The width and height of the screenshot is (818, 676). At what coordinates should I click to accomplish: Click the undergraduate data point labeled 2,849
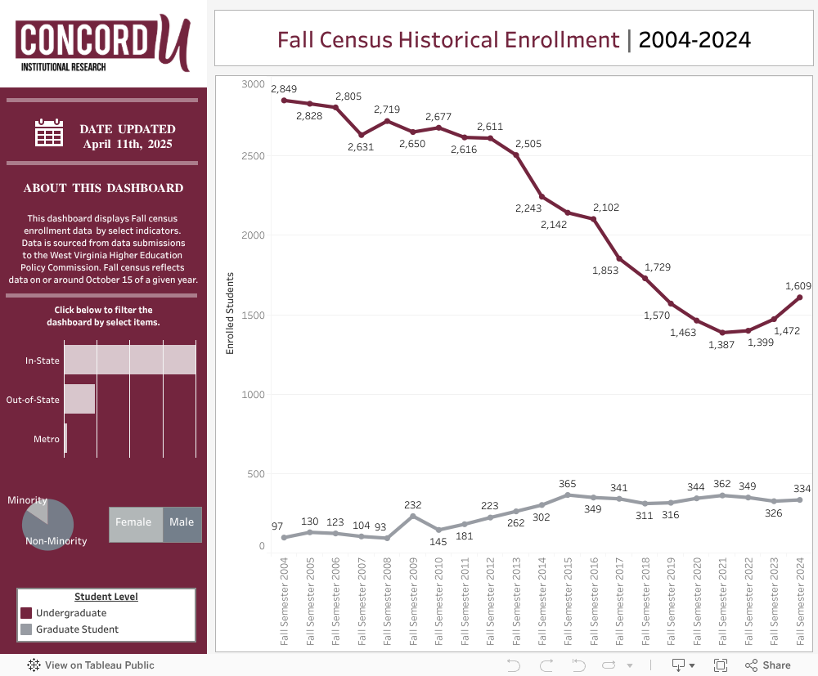click(284, 101)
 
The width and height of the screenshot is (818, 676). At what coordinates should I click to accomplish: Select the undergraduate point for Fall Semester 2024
click(799, 298)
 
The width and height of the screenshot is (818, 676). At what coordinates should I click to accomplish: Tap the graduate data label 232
click(413, 504)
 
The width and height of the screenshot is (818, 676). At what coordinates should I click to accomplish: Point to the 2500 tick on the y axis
click(253, 155)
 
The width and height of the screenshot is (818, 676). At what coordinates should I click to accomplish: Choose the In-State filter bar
click(130, 360)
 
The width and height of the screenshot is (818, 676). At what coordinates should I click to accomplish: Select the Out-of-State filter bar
click(79, 399)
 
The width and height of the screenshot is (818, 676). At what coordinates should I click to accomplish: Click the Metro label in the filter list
click(47, 439)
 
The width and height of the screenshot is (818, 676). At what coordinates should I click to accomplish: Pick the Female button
click(136, 522)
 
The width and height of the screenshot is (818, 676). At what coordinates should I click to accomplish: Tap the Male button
click(182, 522)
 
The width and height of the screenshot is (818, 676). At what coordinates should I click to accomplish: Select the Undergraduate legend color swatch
click(26, 613)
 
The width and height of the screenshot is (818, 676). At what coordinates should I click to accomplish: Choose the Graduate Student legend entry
click(77, 629)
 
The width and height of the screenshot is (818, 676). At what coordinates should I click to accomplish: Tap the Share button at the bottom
click(768, 665)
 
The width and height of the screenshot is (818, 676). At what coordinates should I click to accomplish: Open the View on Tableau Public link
click(91, 665)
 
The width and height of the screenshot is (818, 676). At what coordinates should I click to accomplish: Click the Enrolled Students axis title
click(230, 313)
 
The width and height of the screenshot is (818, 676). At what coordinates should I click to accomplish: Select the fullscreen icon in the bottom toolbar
click(721, 665)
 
